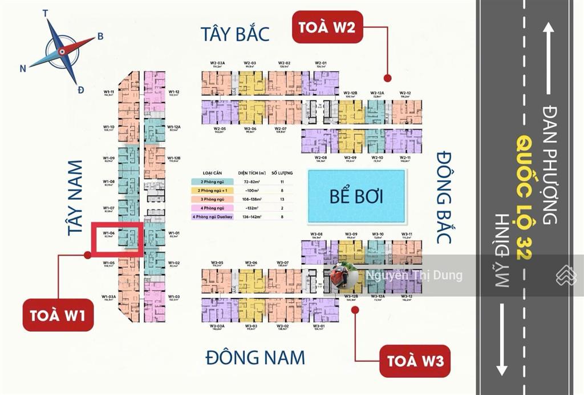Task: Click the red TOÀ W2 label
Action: [328, 27]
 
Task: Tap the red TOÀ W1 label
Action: [58, 315]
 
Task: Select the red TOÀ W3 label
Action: [415, 361]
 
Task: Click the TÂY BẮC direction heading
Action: [234, 34]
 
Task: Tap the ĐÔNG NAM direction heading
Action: [255, 357]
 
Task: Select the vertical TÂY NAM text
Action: [75, 197]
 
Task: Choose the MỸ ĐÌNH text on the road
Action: [502, 251]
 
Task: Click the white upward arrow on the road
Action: [549, 57]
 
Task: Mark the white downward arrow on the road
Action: [501, 339]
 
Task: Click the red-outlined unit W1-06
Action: [117, 236]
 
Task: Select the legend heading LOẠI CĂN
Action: [212, 172]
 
